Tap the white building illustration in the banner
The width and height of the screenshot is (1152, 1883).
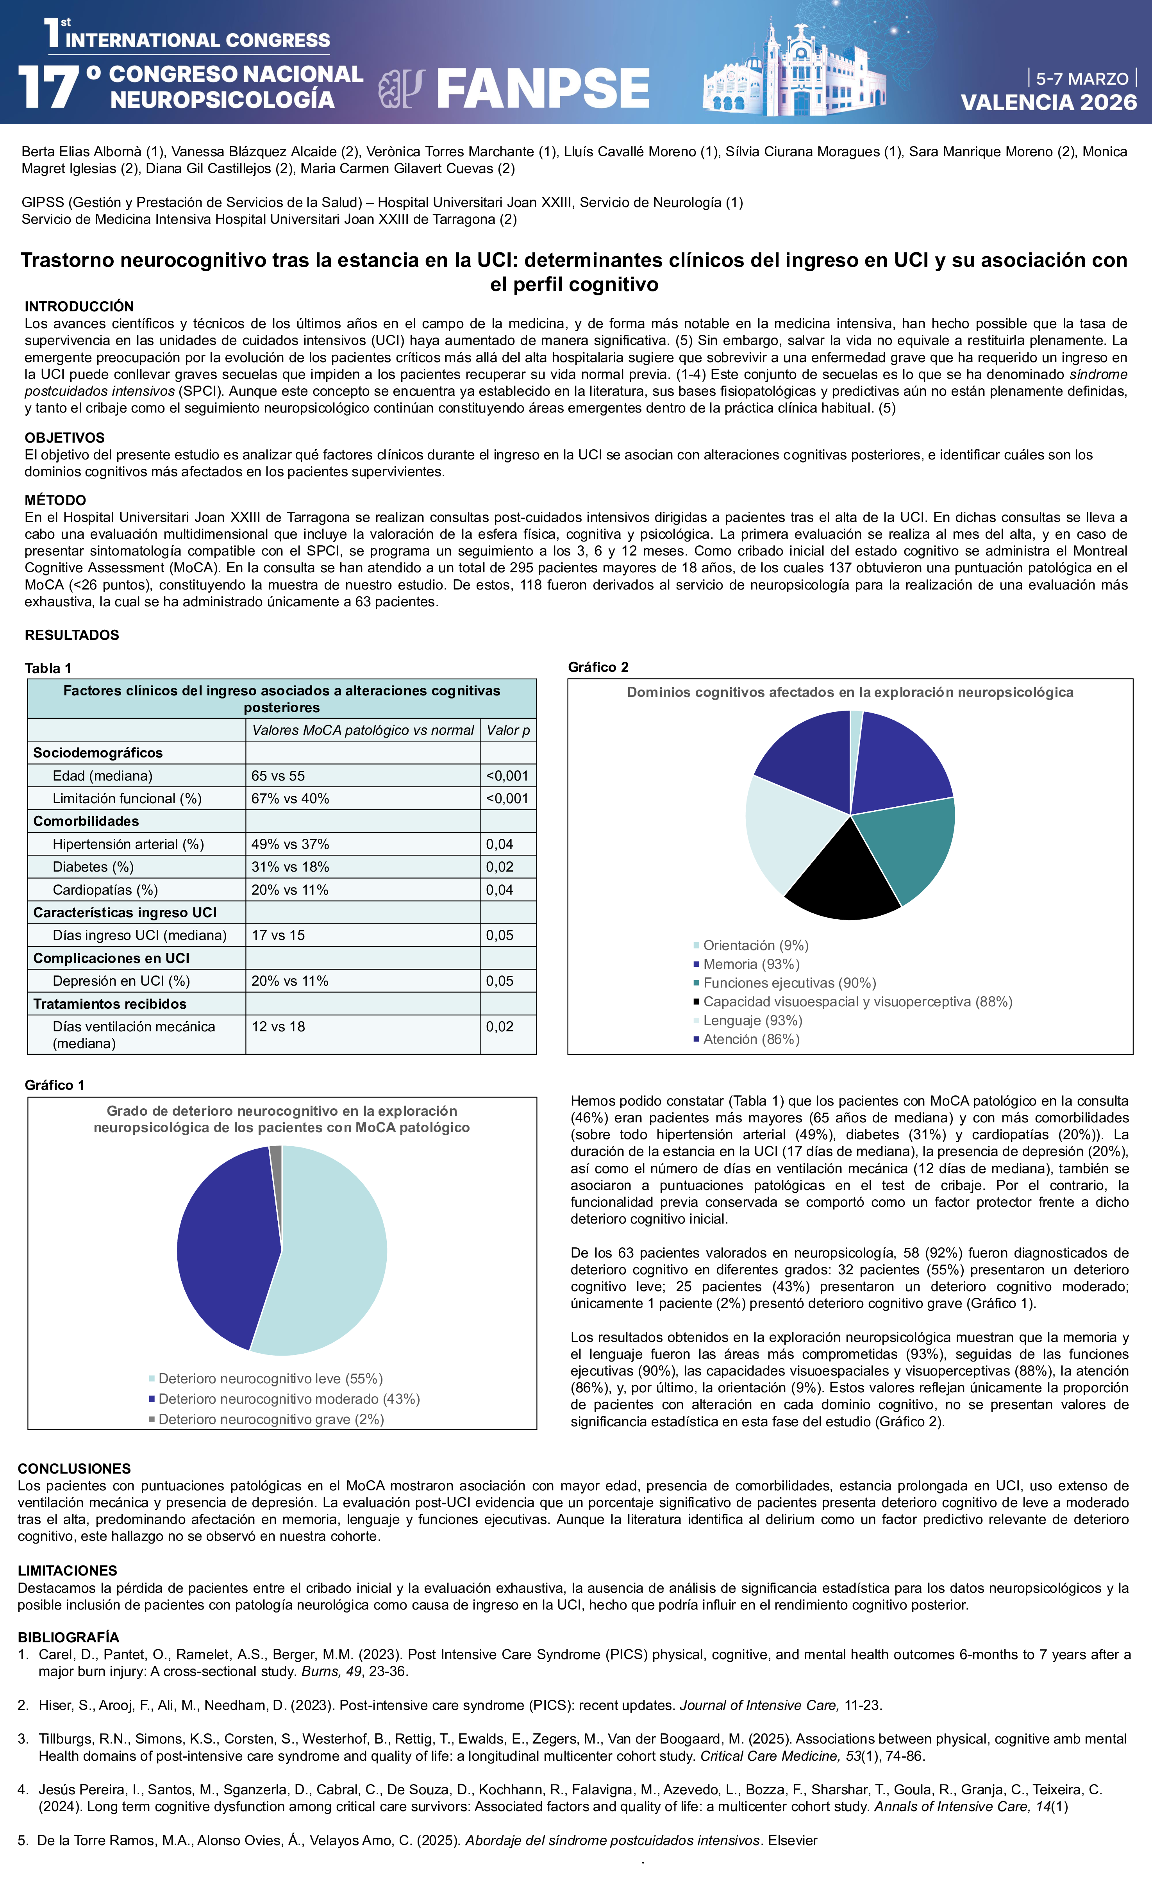point(795,73)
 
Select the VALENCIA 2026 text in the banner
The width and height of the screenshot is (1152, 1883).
point(1048,102)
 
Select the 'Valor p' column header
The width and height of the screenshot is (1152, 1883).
point(508,730)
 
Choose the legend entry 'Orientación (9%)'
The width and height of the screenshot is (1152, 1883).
point(755,945)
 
